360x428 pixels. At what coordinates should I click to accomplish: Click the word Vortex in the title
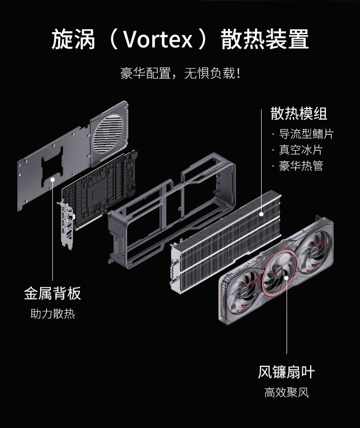click(x=158, y=40)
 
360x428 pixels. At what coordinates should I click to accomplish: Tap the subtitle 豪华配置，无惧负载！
click(x=180, y=73)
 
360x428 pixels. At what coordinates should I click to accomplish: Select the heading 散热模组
click(x=299, y=113)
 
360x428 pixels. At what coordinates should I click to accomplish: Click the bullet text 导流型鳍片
click(x=306, y=134)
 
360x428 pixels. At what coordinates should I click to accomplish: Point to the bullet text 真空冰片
click(x=301, y=150)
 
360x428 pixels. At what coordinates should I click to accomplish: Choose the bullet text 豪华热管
click(x=301, y=166)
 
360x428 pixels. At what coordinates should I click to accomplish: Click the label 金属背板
click(x=52, y=294)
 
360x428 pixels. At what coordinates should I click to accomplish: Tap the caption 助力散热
click(x=53, y=314)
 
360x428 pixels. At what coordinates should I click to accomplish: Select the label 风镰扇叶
click(x=287, y=372)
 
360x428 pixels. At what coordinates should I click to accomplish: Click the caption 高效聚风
click(x=287, y=392)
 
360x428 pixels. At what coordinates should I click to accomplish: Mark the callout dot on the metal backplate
click(x=53, y=179)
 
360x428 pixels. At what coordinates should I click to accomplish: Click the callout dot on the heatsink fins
click(x=262, y=214)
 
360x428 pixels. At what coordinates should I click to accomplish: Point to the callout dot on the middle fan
click(x=287, y=278)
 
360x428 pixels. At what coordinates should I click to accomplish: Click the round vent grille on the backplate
click(x=108, y=134)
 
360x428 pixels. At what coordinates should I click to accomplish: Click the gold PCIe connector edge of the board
click(x=89, y=222)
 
